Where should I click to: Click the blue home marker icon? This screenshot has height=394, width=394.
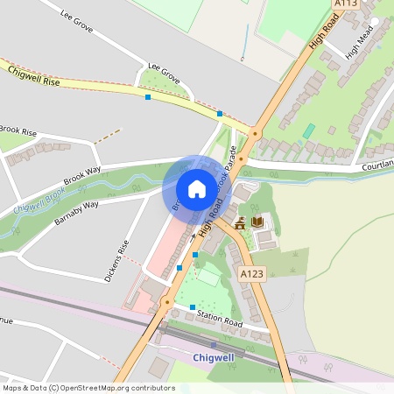(196, 189)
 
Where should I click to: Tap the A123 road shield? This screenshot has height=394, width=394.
(252, 274)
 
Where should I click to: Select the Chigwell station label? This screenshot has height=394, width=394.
(215, 358)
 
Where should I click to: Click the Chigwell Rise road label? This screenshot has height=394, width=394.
(33, 76)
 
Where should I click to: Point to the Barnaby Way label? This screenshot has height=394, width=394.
(77, 215)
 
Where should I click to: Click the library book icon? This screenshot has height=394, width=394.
(257, 222)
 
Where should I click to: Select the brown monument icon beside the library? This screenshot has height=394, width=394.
(240, 223)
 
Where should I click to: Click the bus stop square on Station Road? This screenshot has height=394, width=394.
(192, 306)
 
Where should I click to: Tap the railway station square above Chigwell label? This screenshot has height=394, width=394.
(214, 345)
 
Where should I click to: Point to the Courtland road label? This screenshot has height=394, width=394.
(378, 163)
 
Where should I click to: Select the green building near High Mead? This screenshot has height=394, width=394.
(308, 130)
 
